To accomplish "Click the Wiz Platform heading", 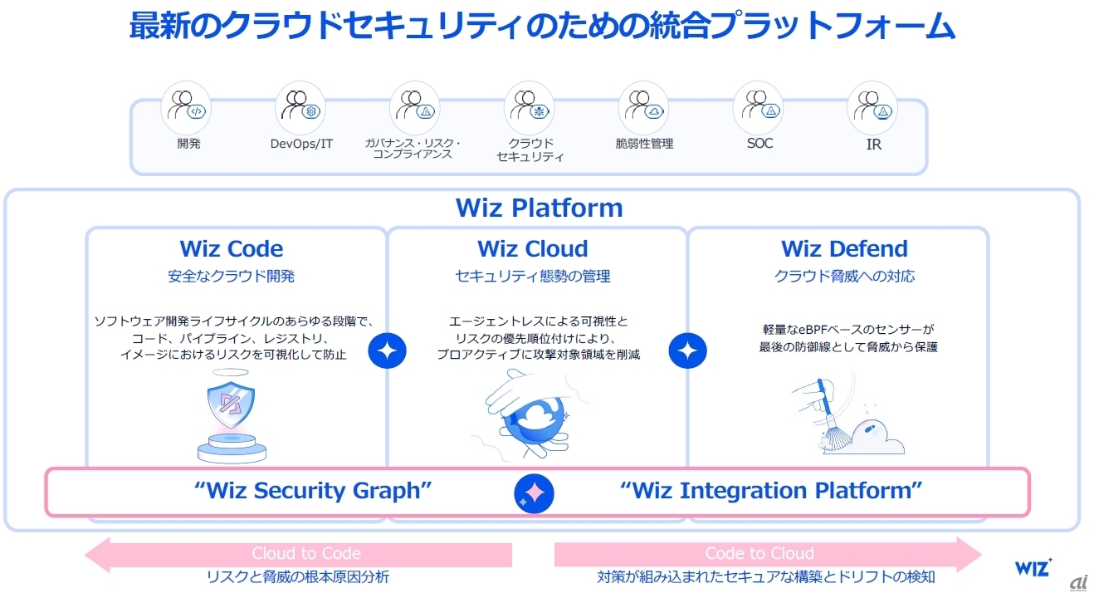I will point(539,208).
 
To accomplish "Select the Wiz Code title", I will point(231,249).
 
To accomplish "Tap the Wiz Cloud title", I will point(532,249).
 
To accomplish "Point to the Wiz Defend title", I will point(844,249).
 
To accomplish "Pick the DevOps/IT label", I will point(301,144).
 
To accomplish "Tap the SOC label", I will point(759,144).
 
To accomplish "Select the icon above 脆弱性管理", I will point(644,105).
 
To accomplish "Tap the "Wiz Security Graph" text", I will point(313,491).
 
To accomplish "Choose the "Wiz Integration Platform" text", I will point(771,491).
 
